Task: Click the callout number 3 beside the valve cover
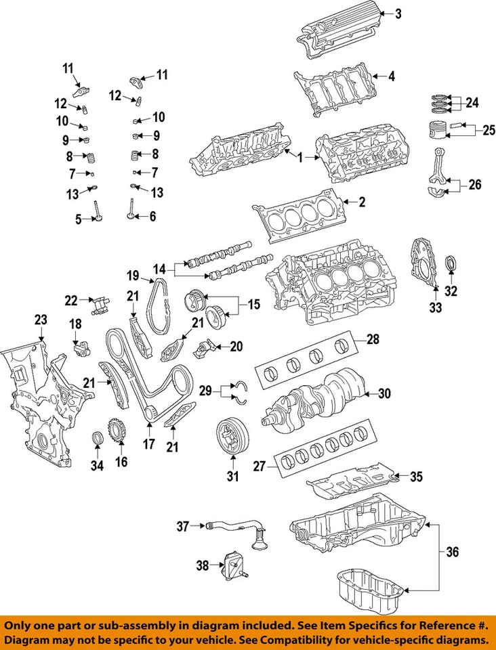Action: [398, 13]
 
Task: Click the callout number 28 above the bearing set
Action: [373, 339]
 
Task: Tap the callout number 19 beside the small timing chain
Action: [133, 275]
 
